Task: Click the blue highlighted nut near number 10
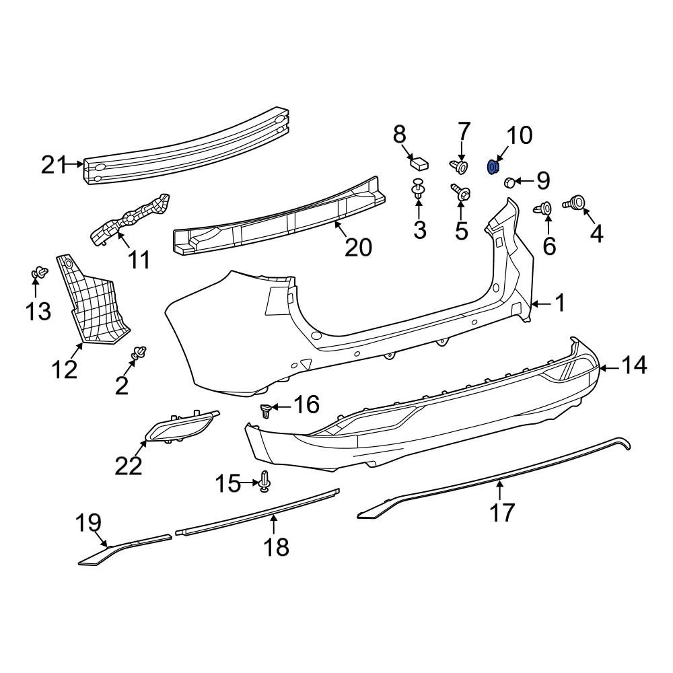pos(492,166)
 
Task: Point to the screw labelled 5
pos(461,192)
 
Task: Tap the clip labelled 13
pos(38,274)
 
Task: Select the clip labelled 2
pos(139,353)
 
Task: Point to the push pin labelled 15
pos(264,481)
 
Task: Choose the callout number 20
pos(358,248)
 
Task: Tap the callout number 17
pos(502,512)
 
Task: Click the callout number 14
pos(633,365)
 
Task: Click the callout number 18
pos(276,546)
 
